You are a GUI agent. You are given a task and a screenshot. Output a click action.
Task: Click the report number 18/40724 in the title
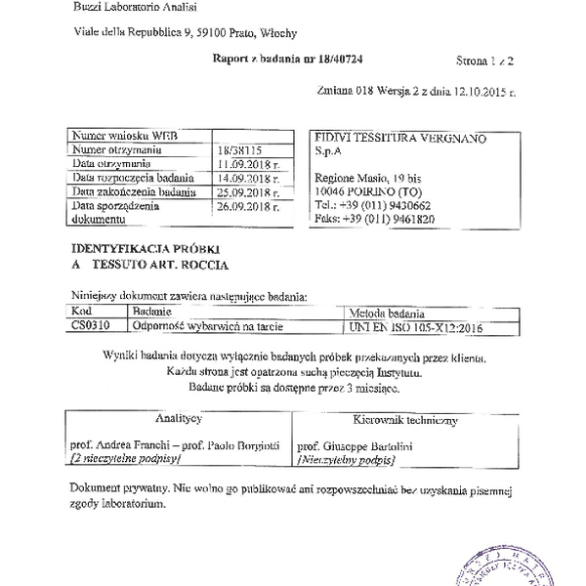click(x=349, y=60)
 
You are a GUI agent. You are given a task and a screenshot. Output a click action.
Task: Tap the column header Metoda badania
click(x=376, y=312)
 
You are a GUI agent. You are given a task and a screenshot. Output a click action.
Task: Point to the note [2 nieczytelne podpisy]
click(x=124, y=456)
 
